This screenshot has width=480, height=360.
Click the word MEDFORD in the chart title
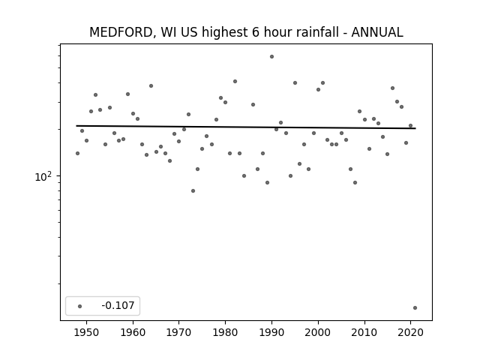[121, 32]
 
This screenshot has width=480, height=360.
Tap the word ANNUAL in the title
[377, 32]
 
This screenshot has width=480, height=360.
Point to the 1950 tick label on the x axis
[87, 332]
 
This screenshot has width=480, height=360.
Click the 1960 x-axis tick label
[133, 332]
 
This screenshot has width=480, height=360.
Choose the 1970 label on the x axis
[179, 332]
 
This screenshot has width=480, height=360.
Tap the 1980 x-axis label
[226, 332]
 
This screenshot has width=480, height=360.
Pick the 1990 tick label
[271, 332]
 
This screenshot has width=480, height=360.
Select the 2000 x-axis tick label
[318, 332]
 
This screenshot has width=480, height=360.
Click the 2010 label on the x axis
[364, 332]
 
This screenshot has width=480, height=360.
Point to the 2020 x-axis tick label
[410, 332]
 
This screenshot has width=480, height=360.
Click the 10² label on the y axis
[43, 177]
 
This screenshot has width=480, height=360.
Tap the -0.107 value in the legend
[118, 305]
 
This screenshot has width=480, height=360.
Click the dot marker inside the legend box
[80, 306]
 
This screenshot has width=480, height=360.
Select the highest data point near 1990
[271, 57]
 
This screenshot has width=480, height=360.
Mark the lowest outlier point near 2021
[415, 308]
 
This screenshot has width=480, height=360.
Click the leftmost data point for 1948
[77, 153]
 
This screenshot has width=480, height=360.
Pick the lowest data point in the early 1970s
[193, 191]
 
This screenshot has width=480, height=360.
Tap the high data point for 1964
[151, 86]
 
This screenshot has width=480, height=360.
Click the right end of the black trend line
[415, 128]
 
